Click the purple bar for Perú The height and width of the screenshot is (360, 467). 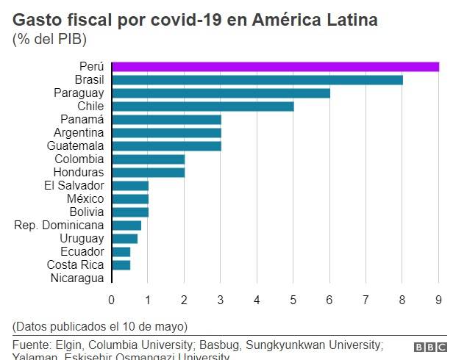275,67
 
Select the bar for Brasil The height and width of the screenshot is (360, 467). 257,80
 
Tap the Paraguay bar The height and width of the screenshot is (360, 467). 221,93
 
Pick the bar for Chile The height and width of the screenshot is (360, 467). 203,107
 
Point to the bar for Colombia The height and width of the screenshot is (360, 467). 149,159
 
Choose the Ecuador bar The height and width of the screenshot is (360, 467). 121,252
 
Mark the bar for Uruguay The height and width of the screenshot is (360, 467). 125,239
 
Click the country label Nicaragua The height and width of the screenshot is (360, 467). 77,278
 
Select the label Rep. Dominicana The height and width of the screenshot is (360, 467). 59,225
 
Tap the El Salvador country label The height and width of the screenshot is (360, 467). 74,185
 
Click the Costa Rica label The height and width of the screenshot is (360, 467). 75,264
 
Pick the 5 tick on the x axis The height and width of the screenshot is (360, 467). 293,299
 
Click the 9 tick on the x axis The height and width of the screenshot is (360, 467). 439,299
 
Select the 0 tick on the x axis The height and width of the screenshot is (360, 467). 112,299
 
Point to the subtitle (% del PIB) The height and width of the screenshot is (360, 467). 49,39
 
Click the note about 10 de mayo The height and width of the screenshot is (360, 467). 100,325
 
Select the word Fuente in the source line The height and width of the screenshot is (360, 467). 32,345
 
